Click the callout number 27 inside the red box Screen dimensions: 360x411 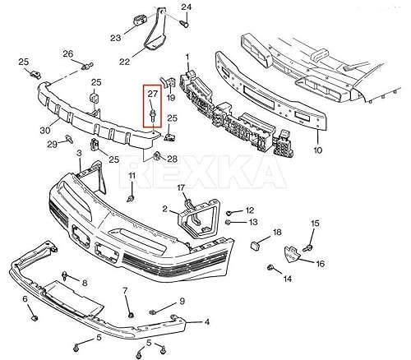[x=153, y=95]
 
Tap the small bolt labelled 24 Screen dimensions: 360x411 [x=184, y=22]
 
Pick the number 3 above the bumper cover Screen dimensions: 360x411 [x=79, y=153]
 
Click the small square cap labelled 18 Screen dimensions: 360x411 [x=254, y=243]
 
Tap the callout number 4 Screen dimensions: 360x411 [x=206, y=322]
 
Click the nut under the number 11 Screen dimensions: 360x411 [x=132, y=200]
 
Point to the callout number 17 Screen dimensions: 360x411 [x=182, y=187]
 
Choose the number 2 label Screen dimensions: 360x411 [x=164, y=210]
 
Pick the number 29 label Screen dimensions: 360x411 [x=51, y=144]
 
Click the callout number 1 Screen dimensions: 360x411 [x=187, y=57]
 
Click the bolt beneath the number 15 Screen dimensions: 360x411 [x=309, y=246]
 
